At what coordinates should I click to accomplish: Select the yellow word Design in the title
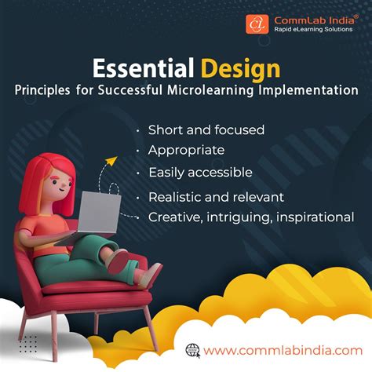pyautogui.click(x=239, y=67)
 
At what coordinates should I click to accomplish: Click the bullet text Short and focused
pyautogui.click(x=206, y=129)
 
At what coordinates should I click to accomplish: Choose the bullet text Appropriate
pyautogui.click(x=186, y=150)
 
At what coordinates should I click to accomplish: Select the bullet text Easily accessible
pyautogui.click(x=200, y=171)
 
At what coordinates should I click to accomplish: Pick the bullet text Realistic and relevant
pyautogui.click(x=216, y=196)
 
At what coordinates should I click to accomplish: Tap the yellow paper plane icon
pyautogui.click(x=111, y=162)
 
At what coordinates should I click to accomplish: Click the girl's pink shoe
pyautogui.click(x=151, y=274)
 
